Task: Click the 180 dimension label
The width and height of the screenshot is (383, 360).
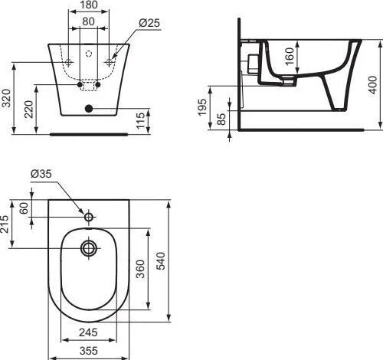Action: pos(88,5)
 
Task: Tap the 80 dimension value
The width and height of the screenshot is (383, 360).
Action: pos(88,21)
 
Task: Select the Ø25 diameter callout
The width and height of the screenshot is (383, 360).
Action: pos(149,23)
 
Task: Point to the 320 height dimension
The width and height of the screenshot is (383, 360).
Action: pos(6,98)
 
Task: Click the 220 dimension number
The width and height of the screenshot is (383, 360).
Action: pos(29,109)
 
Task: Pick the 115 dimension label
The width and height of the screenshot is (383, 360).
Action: pos(140,120)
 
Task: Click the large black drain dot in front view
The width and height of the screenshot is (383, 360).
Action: pos(89,109)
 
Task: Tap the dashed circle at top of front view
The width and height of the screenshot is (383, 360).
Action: pos(89,54)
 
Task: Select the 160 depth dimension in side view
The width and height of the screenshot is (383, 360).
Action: pos(290,56)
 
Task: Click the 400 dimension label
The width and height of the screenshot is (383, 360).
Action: pos(372,85)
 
